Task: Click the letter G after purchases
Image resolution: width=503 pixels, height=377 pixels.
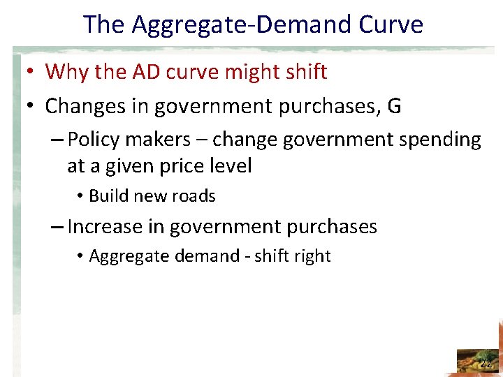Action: click(x=394, y=106)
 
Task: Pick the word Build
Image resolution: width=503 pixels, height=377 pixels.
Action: click(x=106, y=196)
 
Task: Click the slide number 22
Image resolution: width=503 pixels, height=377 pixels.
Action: click(x=486, y=363)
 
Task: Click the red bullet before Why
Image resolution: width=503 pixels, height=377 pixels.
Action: click(x=32, y=71)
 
